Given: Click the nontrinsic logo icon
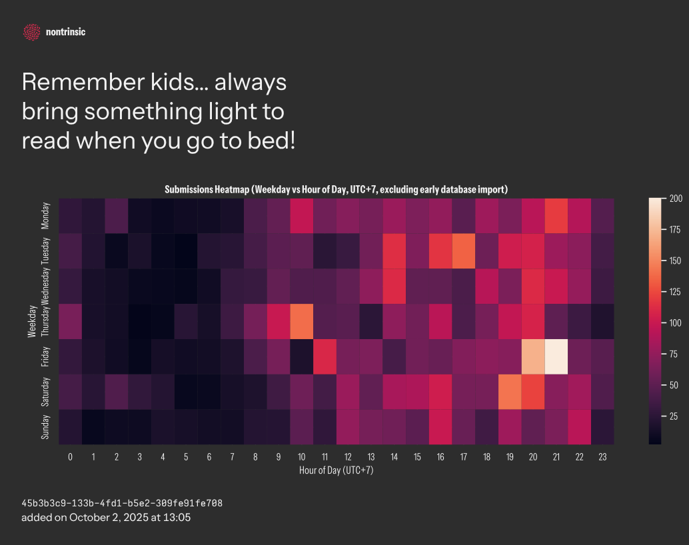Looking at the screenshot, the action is coord(31,32).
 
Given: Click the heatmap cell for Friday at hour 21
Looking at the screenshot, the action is coord(556,356).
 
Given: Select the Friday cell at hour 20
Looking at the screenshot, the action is coord(533,356).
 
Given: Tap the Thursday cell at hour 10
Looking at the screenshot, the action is coord(301,321).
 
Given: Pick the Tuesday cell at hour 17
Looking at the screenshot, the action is coord(464,251).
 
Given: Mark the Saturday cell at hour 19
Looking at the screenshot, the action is coord(510,392).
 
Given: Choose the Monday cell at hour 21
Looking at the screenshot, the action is coord(556,216).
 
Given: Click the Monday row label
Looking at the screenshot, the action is coord(45,216).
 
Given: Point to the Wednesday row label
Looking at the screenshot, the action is coord(45,286).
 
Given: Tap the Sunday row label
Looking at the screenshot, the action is coord(45,427).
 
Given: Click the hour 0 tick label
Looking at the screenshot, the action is coord(71,457).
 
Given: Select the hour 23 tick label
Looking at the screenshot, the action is coord(602,457).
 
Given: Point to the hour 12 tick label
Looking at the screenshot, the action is coord(348,457).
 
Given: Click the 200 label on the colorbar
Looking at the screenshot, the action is coord(676,199).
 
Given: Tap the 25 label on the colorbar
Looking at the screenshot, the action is coord(674,416).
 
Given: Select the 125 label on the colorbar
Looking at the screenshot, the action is coord(676,292).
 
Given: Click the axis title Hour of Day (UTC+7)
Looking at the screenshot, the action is coord(336,470).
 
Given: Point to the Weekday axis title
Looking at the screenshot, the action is coord(31,321).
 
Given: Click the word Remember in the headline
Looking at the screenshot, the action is coord(83,82).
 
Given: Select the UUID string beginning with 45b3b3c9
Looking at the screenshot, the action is coord(122,503).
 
